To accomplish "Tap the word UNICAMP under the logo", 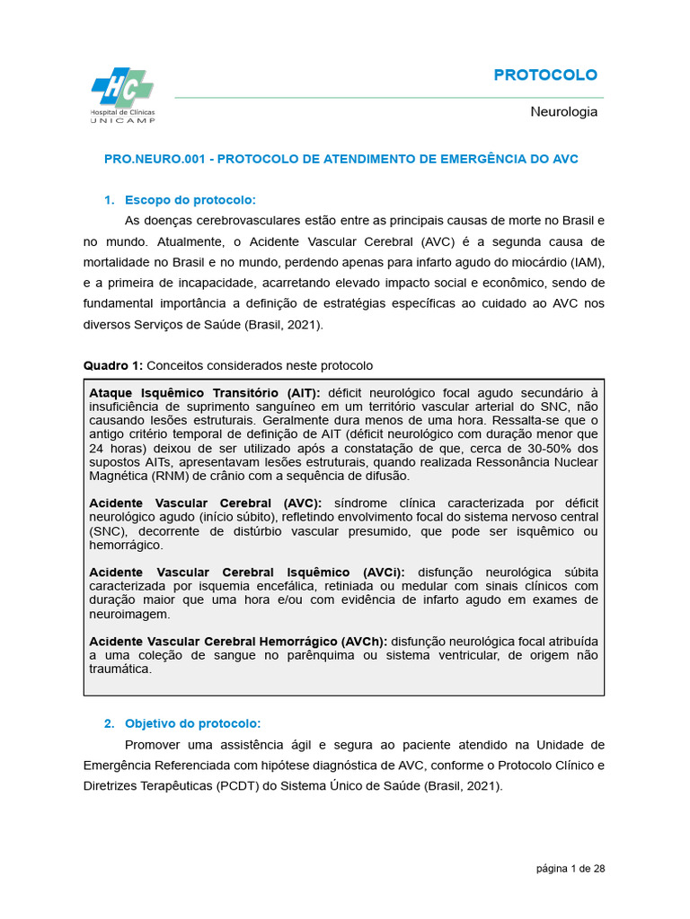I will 122,119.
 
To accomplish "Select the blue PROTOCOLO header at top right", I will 545,74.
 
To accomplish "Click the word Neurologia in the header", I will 563,112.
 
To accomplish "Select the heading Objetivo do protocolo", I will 192,722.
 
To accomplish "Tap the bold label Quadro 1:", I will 112,365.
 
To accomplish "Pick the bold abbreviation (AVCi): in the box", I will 384,573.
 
